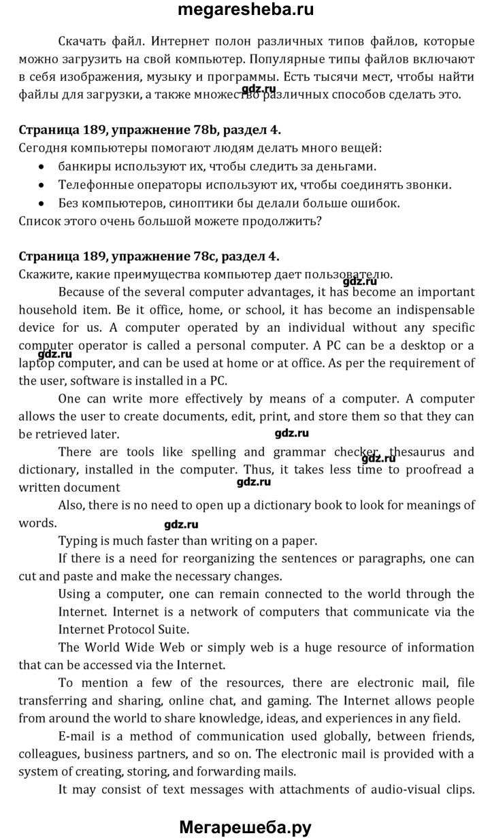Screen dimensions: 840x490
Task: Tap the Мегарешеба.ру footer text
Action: point(245,827)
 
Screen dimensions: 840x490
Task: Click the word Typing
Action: point(79,541)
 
